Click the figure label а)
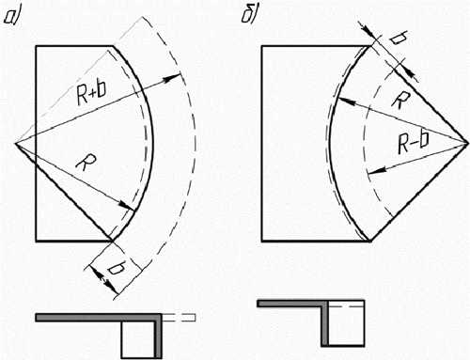click(x=12, y=17)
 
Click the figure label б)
click(x=249, y=15)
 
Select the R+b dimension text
click(x=91, y=92)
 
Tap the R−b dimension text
click(x=414, y=143)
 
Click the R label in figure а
click(x=86, y=163)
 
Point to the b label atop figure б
click(x=399, y=39)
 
